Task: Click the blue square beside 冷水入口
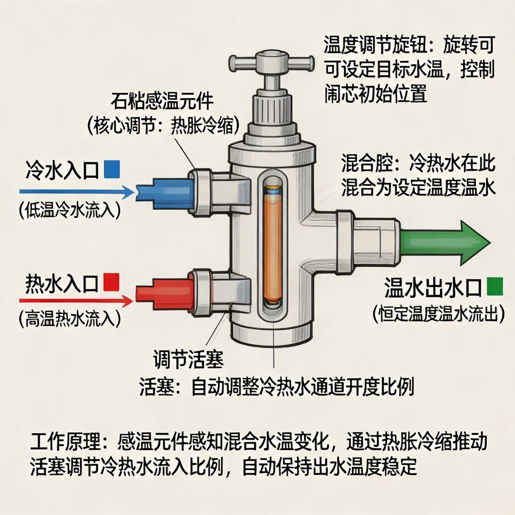[x=111, y=169]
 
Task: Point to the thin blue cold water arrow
[x=75, y=192]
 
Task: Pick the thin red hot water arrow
[x=75, y=301]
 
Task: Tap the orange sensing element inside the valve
[x=273, y=246]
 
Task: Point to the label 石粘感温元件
[x=162, y=101]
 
